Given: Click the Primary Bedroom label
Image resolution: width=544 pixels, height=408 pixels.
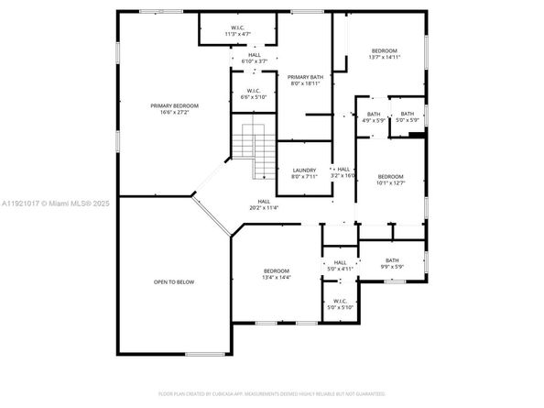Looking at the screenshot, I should pos(174,109).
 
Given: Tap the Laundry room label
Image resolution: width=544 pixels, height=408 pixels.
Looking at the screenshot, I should pos(304,172).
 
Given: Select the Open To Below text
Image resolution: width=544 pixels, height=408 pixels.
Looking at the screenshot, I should pos(173,281).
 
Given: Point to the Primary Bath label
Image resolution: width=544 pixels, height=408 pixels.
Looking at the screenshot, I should pos(304,80).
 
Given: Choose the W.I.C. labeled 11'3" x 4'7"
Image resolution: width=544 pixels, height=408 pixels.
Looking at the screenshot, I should pos(237,30).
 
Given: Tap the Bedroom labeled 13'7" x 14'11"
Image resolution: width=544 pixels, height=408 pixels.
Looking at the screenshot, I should pos(384,53).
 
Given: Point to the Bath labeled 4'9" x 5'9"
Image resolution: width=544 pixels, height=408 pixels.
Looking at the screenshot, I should pos(373,116).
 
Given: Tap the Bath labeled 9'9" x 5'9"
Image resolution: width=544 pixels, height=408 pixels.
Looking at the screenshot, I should pos(391,263).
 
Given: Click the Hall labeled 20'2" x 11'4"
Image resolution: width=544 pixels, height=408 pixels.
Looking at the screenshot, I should pos(264,204).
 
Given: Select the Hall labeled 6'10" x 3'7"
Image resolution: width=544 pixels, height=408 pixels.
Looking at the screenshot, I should pos(254,58).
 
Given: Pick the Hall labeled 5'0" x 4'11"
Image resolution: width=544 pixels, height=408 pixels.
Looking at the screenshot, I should pos(340,266).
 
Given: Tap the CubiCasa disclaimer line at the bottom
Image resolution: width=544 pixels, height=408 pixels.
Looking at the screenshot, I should pos(271,394).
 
